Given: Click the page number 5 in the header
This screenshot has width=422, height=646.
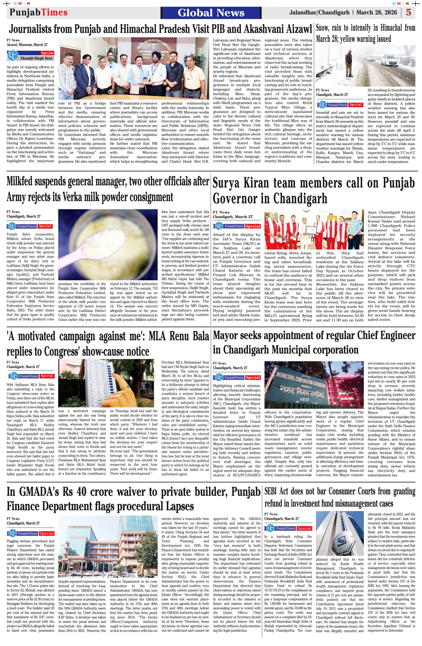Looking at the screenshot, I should click(x=408, y=12).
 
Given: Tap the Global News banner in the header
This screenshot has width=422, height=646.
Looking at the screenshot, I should click(x=211, y=13).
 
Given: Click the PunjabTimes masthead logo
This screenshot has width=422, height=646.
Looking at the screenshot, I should click(x=38, y=12).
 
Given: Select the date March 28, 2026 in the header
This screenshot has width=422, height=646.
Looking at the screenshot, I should click(x=376, y=12).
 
